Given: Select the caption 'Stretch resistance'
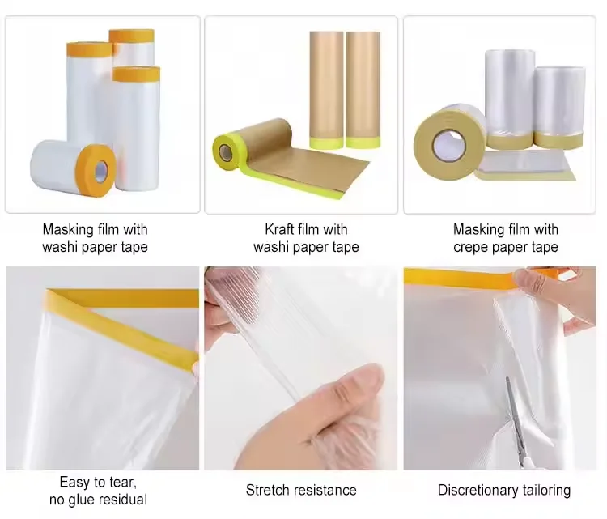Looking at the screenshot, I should (x=301, y=490).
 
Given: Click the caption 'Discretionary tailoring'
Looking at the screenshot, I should (x=504, y=490).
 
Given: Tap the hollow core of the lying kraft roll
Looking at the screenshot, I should (x=223, y=151).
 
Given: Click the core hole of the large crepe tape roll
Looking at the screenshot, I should (x=448, y=147).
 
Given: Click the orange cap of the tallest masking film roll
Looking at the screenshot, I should (x=131, y=36).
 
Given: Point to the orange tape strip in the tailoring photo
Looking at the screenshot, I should (x=461, y=278).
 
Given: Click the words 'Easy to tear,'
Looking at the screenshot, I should (x=98, y=483).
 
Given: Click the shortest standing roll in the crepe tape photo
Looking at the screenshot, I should (x=560, y=105).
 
